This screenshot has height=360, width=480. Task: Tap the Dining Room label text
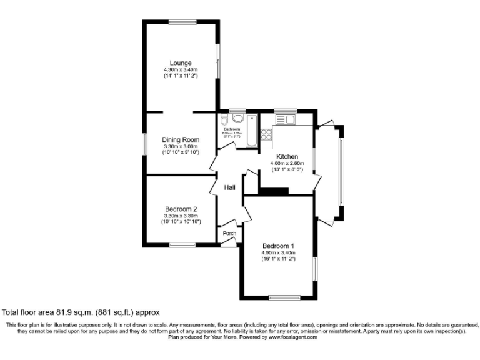pyautogui.click(x=181, y=139)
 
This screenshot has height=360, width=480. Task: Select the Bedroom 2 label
pyautogui.click(x=181, y=209)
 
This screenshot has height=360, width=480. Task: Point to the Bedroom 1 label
pyautogui.click(x=279, y=245)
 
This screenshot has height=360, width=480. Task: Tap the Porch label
pyautogui.click(x=229, y=234)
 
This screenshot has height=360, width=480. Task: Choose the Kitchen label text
pyautogui.click(x=287, y=156)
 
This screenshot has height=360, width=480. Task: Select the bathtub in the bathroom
pyautogui.click(x=251, y=130)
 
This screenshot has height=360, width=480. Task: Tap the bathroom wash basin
pyautogui.click(x=237, y=118)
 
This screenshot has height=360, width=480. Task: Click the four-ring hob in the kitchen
pyautogui.click(x=266, y=134)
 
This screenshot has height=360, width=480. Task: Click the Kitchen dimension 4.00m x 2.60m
pyautogui.click(x=287, y=163)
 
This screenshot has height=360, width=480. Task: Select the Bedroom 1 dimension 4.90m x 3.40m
pyautogui.click(x=279, y=252)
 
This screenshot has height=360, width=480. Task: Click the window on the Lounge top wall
pyautogui.click(x=181, y=22)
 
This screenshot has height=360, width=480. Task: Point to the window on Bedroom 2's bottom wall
pyautogui.click(x=181, y=244)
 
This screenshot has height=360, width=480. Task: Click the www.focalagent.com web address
pyautogui.click(x=293, y=337)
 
